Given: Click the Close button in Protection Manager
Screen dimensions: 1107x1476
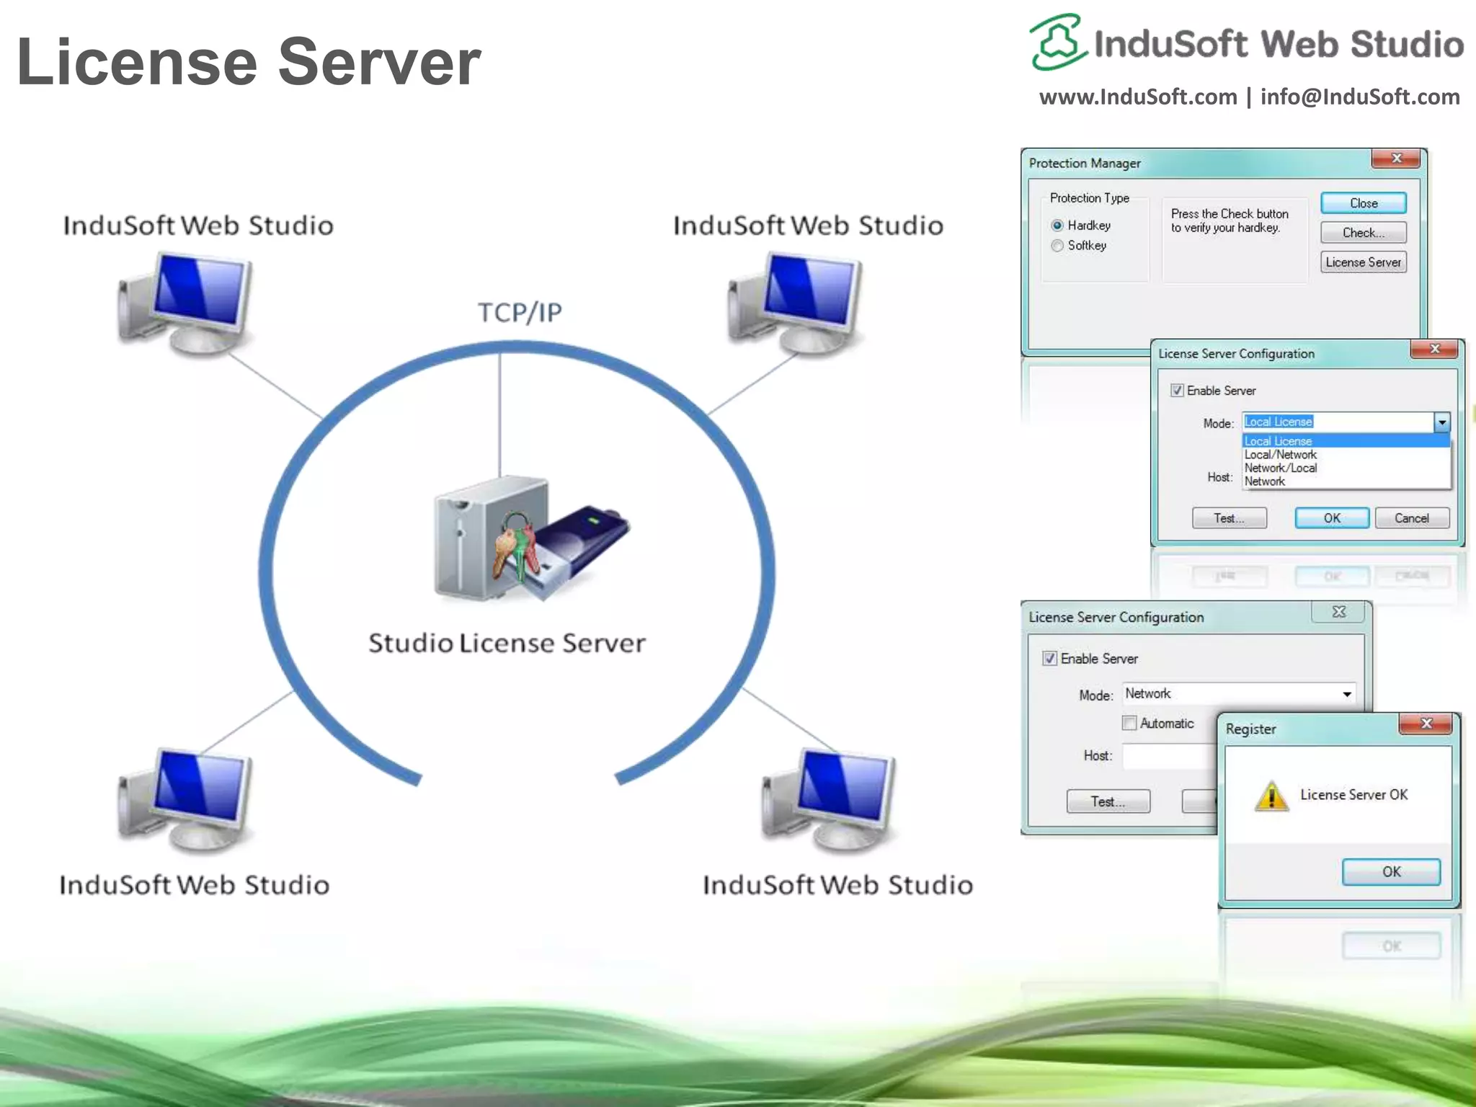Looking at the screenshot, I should click(1363, 203).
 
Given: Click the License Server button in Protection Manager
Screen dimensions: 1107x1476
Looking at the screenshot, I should click(1363, 262).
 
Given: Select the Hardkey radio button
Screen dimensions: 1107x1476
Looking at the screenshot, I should click(1057, 226).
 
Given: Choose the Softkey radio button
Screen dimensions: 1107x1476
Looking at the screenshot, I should click(1057, 246).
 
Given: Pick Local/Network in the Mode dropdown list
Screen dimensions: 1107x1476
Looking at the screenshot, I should click(1281, 455).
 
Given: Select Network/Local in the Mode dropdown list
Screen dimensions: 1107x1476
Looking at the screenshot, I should click(1281, 468).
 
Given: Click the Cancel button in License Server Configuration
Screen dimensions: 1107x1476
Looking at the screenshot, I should click(1411, 518).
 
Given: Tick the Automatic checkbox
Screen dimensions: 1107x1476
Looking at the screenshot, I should click(1129, 723).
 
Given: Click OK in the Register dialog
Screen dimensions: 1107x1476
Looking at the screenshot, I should click(1391, 871).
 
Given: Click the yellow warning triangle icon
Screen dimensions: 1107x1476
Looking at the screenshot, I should click(1271, 796).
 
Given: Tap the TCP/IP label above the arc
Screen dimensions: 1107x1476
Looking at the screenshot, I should click(520, 313).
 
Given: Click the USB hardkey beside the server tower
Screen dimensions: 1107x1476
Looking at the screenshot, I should click(584, 548).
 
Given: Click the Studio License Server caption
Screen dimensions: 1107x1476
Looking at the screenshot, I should click(507, 643).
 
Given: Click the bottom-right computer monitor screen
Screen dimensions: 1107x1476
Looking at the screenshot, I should click(843, 786).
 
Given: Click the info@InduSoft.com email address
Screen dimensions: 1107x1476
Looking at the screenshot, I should click(1360, 97).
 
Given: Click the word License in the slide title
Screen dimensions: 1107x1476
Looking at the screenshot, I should click(137, 62).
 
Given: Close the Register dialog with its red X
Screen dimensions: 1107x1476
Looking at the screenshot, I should click(1426, 724).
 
